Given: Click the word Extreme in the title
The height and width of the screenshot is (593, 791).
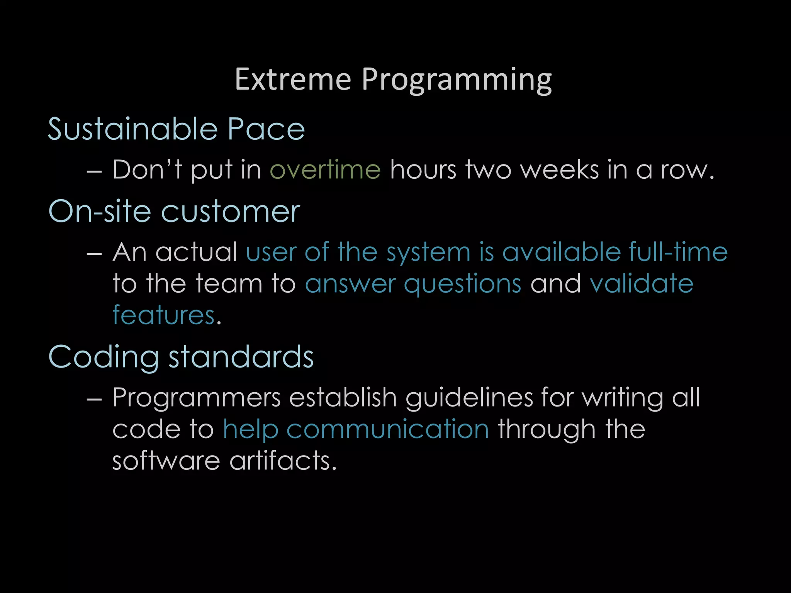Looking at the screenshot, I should [x=293, y=80].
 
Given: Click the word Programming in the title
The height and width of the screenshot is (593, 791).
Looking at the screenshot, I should [x=457, y=80].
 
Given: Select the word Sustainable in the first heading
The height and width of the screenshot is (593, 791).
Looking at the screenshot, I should [x=132, y=129].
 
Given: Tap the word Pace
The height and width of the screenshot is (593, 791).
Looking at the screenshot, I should [x=266, y=129].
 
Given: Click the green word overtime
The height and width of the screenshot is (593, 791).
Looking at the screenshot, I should [x=325, y=170].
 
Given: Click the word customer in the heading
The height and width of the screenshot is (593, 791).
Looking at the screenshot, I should [x=230, y=212].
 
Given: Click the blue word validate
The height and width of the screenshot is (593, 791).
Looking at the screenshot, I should [x=642, y=284].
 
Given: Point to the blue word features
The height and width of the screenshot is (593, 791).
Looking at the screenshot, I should [x=163, y=315].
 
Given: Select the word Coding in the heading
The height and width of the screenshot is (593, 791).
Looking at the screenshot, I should [x=103, y=357].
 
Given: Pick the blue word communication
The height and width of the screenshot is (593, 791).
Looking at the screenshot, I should [x=388, y=430].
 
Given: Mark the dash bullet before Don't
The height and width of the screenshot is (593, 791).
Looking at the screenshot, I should [x=94, y=171].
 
